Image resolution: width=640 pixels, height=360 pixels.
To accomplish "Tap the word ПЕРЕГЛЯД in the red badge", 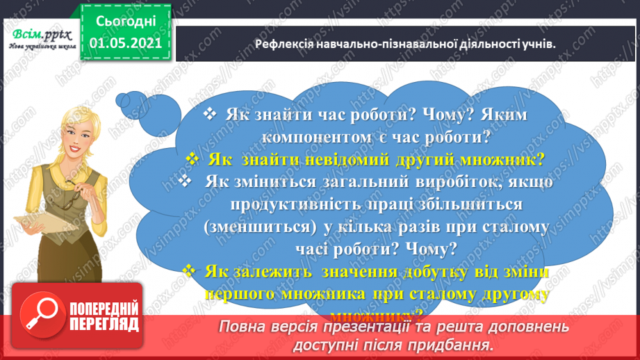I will pos(99,325).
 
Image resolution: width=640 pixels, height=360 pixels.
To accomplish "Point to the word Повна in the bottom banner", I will pos(243,326).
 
